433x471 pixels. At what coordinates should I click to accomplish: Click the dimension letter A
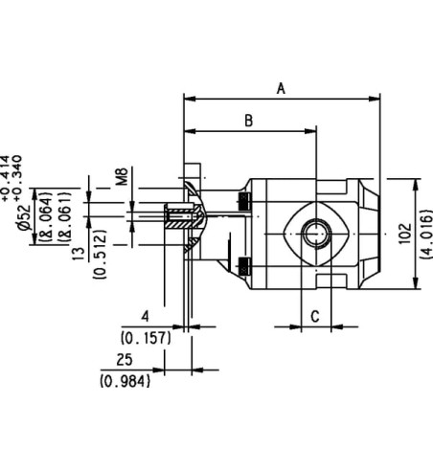(x=281, y=88)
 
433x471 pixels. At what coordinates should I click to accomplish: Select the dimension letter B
(x=248, y=121)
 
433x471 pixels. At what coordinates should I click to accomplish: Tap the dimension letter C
(x=315, y=315)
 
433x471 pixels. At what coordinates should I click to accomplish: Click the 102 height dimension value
(x=403, y=234)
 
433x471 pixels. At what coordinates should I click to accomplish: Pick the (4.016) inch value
(x=422, y=234)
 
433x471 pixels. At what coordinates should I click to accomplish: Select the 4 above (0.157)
(x=145, y=316)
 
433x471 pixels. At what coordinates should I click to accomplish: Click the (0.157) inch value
(x=145, y=337)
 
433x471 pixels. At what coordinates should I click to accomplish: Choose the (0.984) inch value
(x=123, y=381)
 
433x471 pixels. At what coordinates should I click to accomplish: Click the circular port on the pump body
(x=315, y=231)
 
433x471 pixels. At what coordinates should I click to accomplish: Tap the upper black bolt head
(x=243, y=201)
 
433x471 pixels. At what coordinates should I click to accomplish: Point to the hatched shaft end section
(x=175, y=220)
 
